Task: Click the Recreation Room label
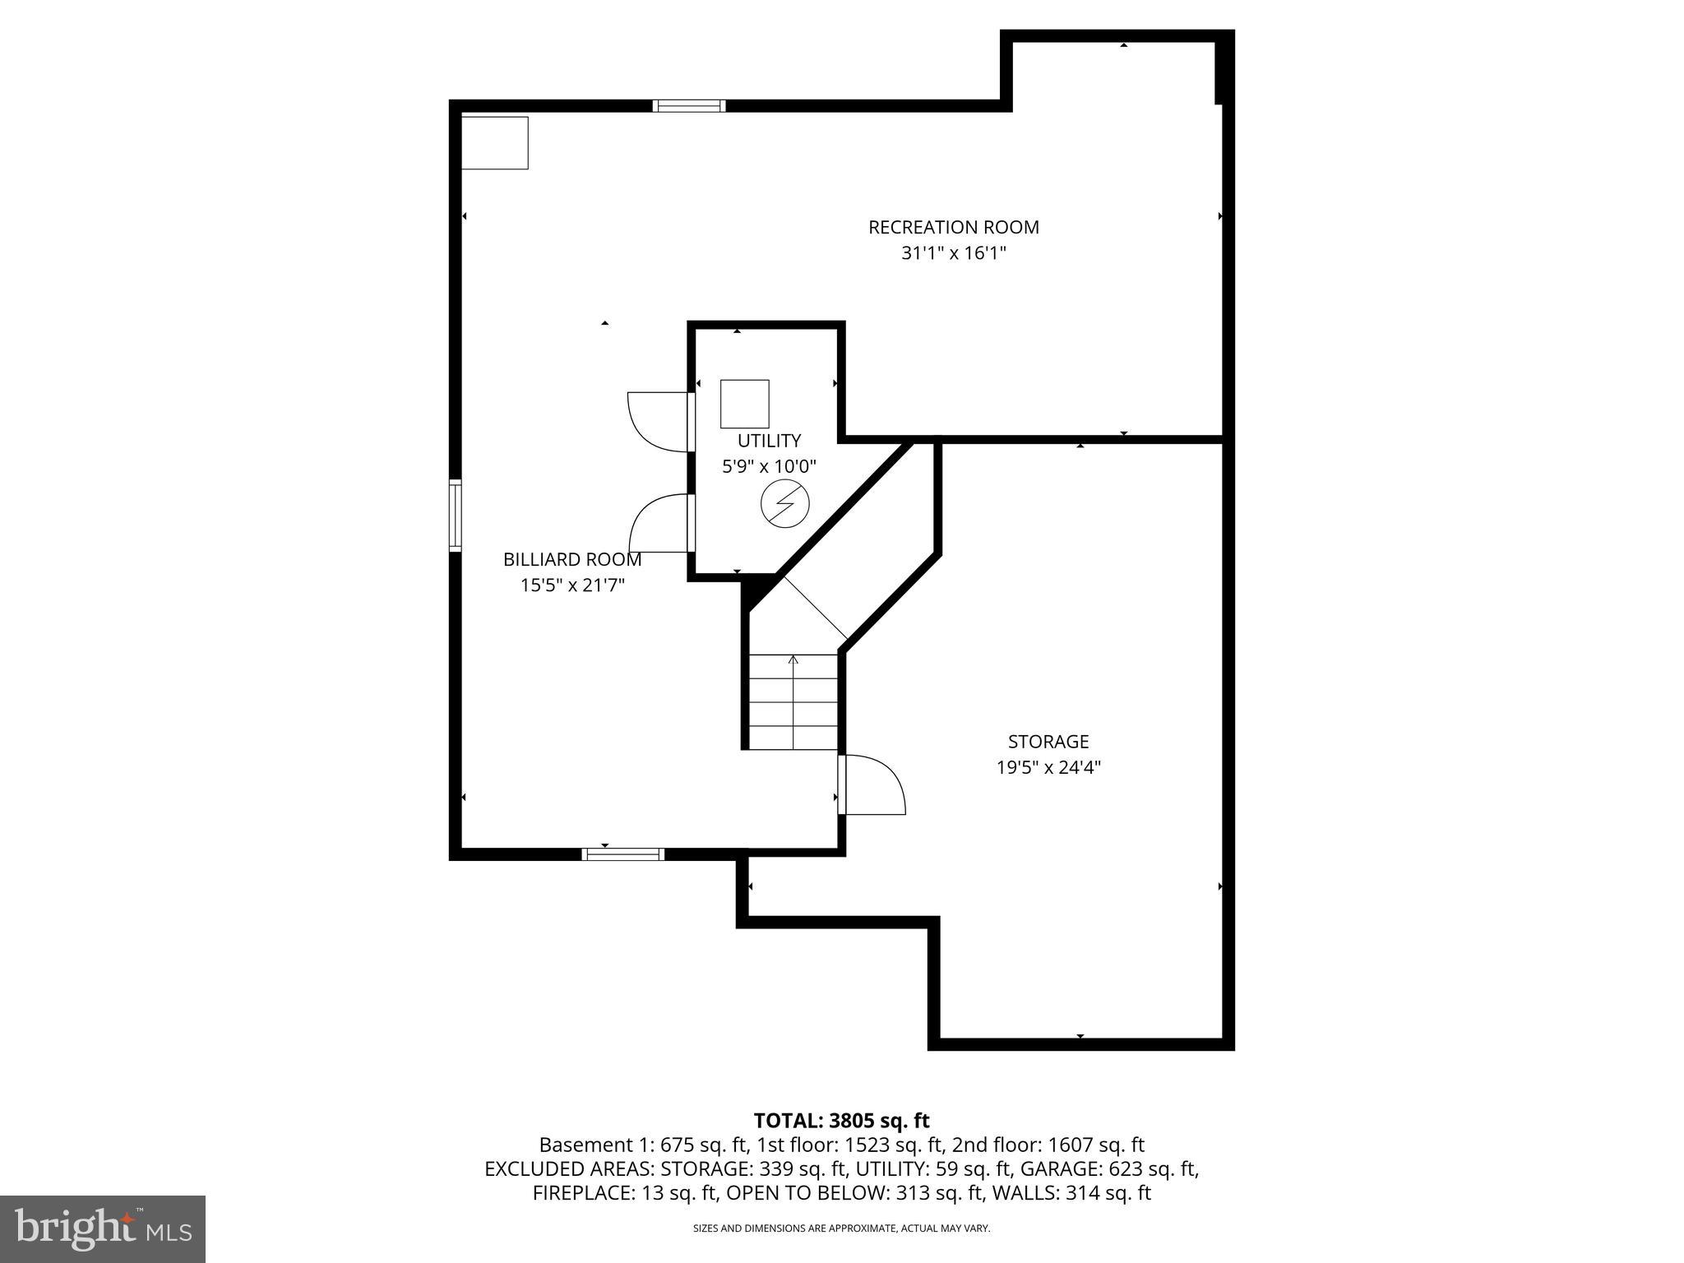point(953,227)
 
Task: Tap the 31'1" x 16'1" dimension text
point(953,253)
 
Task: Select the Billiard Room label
point(572,560)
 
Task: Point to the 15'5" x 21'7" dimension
point(572,585)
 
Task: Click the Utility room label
point(769,441)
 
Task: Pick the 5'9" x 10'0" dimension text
point(769,467)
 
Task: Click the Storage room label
point(1048,742)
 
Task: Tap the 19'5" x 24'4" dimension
point(1048,768)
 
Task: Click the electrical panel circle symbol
point(785,504)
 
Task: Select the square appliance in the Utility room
point(744,404)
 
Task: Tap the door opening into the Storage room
point(873,784)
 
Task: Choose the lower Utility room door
point(660,523)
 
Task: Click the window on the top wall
point(689,105)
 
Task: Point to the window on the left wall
point(455,516)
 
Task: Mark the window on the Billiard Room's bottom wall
point(622,854)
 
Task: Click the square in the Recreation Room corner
point(495,143)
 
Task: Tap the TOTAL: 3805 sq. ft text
point(841,1121)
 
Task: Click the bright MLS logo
point(103,1228)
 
